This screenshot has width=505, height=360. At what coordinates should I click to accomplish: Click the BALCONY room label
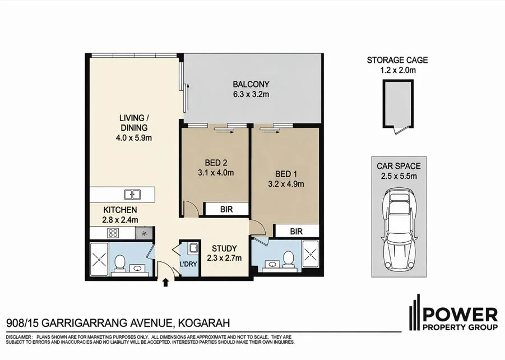click(251, 85)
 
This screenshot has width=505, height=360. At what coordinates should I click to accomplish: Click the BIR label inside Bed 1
click(296, 230)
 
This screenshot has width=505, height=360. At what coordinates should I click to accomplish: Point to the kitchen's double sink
click(133, 195)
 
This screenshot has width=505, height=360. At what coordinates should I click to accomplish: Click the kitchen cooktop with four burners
click(113, 233)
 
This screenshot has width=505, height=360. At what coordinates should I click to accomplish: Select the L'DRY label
click(188, 265)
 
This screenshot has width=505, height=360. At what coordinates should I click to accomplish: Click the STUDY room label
click(224, 248)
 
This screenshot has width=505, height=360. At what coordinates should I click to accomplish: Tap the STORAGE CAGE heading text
click(397, 60)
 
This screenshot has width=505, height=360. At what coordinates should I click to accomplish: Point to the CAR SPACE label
click(399, 166)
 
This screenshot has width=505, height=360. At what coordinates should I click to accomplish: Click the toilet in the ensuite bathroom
click(288, 259)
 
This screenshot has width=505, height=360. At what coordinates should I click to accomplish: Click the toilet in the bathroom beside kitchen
click(119, 262)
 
